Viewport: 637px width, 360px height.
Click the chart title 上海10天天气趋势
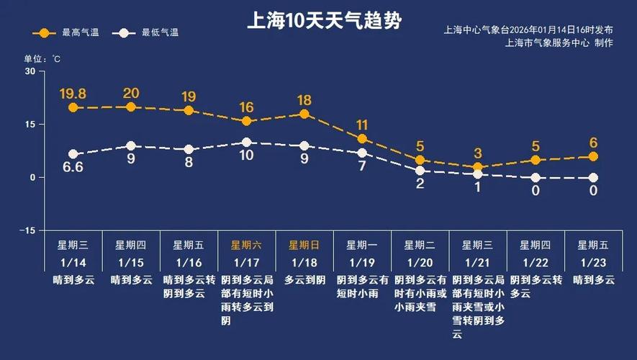[324, 19]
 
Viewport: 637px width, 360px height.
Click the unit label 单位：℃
[42, 58]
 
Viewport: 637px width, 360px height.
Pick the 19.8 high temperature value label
[73, 94]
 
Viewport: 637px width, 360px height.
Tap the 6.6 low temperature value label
[73, 168]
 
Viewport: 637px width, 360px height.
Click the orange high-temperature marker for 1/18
[304, 114]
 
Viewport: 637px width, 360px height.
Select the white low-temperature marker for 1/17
[246, 143]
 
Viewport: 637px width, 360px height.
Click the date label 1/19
[362, 262]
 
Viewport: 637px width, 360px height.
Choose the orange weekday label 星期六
[246, 245]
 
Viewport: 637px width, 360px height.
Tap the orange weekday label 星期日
[304, 245]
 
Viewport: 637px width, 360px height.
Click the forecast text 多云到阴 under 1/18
[304, 280]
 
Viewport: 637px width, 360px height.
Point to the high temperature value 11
[362, 125]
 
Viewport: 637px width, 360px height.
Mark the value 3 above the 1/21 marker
[478, 153]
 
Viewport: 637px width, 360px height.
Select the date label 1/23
[594, 262]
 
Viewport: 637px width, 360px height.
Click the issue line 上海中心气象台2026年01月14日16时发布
[528, 30]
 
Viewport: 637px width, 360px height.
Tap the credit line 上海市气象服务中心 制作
[559, 43]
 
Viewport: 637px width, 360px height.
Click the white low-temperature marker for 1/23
[594, 178]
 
